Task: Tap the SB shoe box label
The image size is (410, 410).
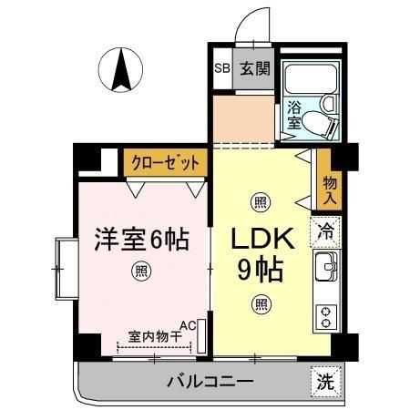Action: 221,67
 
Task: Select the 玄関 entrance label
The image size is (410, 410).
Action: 254,67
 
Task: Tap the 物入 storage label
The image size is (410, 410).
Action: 329,190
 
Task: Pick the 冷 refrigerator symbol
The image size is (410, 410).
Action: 325,232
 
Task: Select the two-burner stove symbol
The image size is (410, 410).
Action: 325,316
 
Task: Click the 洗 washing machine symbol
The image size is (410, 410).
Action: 325,381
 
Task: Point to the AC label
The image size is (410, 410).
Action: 189,324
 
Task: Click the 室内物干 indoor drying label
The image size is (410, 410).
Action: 153,336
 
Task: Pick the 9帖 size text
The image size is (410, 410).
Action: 260,270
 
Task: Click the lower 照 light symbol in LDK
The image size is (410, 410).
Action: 260,304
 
